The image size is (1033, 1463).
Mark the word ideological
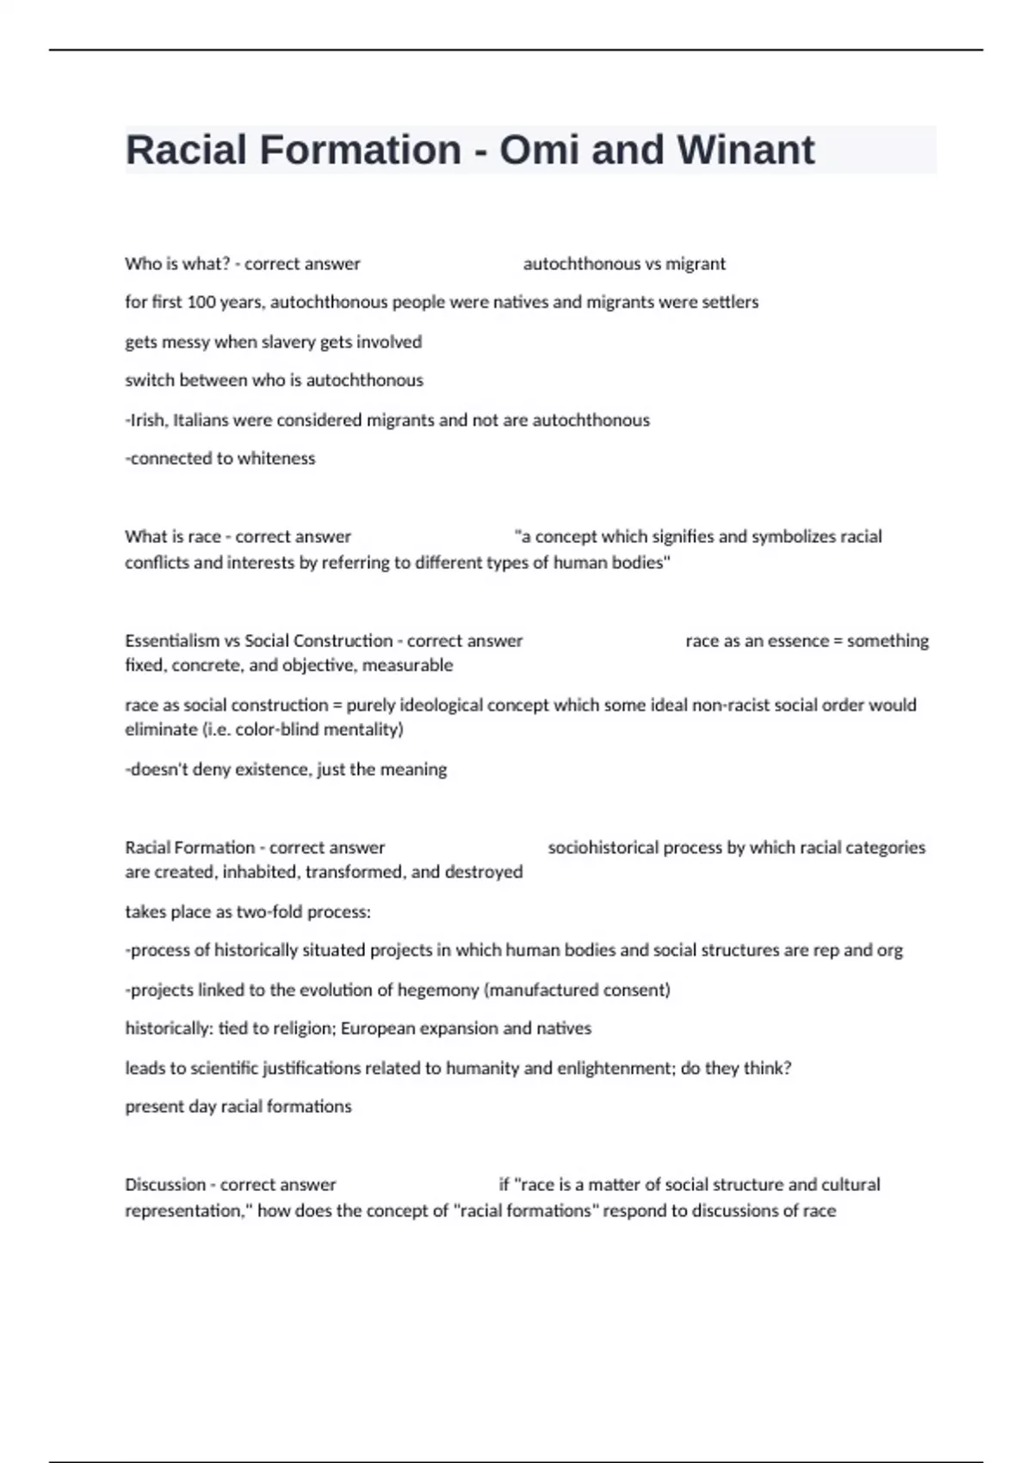pyautogui.click(x=414, y=705)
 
